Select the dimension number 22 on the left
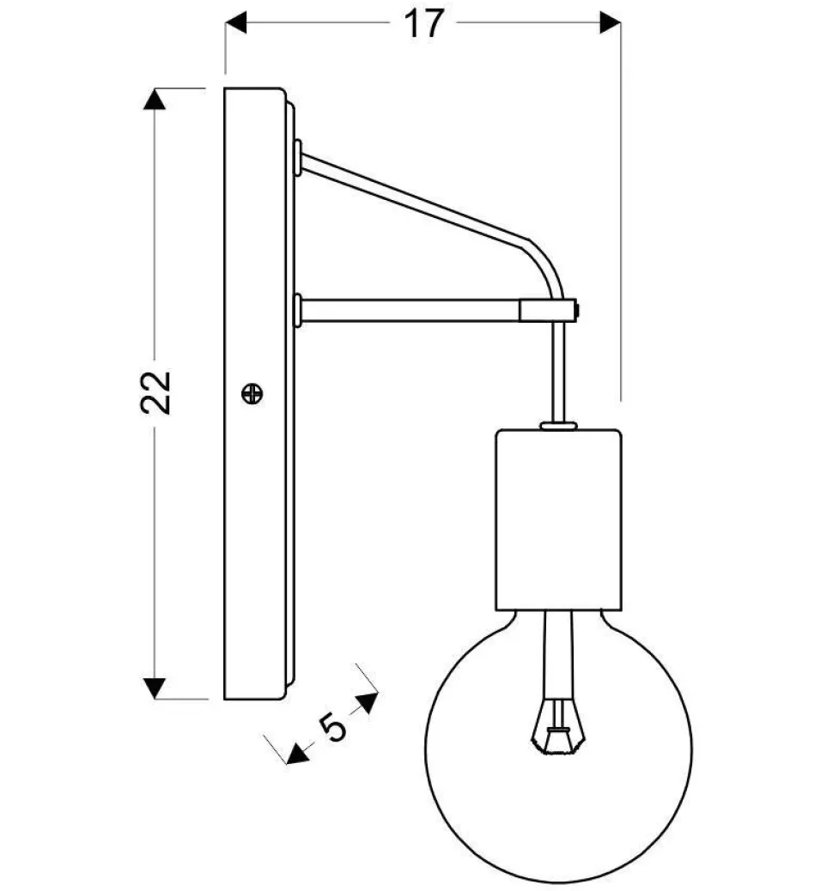click(x=157, y=393)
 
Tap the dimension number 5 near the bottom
click(x=333, y=726)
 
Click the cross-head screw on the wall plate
click(x=252, y=394)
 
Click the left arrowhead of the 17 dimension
click(x=235, y=23)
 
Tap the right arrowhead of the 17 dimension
click(x=610, y=23)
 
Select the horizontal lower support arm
click(x=408, y=310)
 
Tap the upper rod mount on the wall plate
click(x=297, y=158)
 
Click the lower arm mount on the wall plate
click(x=297, y=310)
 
